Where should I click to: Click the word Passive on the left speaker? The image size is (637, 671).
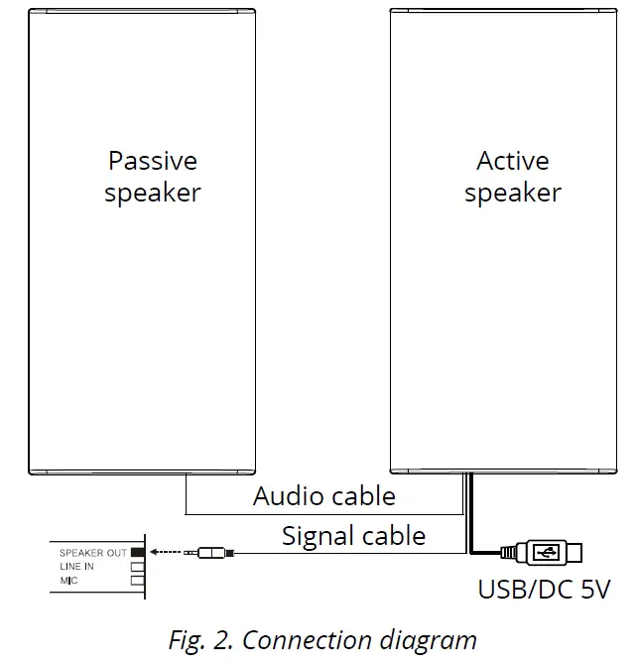[153, 161]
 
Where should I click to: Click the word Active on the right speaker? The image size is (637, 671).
[513, 161]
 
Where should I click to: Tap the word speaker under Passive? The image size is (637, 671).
[153, 193]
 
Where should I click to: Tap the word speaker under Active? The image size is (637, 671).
[513, 193]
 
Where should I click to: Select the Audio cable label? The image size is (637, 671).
[324, 496]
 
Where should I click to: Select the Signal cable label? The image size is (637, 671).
[353, 536]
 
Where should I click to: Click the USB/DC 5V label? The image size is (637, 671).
[544, 590]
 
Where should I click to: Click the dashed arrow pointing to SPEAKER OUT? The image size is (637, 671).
[170, 551]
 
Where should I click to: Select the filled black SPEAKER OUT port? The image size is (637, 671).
[138, 551]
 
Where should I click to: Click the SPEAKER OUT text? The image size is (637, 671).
[92, 552]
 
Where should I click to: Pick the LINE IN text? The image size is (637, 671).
[77, 566]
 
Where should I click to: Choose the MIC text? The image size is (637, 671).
[68, 580]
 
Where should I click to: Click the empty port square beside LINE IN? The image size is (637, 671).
[138, 566]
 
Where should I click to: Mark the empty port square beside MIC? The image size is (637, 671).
[138, 580]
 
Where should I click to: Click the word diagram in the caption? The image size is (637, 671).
[429, 640]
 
